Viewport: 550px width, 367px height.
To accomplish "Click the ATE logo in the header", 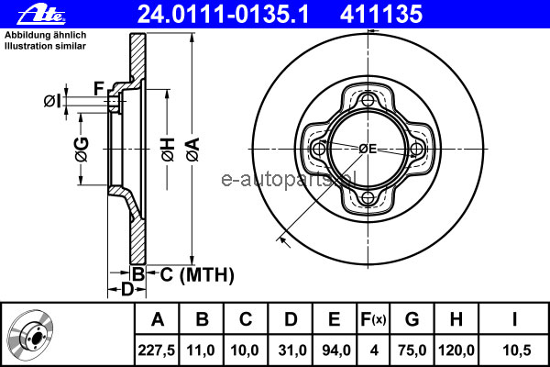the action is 41,15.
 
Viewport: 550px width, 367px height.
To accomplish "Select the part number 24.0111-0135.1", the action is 223,15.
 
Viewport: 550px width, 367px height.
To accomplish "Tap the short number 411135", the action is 381,15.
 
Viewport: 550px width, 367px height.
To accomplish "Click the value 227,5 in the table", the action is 157,350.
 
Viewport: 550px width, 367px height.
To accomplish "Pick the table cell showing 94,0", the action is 335,350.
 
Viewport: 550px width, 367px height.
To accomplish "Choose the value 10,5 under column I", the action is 517,350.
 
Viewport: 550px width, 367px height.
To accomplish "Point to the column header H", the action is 456,319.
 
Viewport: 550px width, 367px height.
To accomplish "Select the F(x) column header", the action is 373,319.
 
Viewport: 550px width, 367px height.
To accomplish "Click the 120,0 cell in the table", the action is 456,350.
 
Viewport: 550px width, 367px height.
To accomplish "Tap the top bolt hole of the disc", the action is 368,100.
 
